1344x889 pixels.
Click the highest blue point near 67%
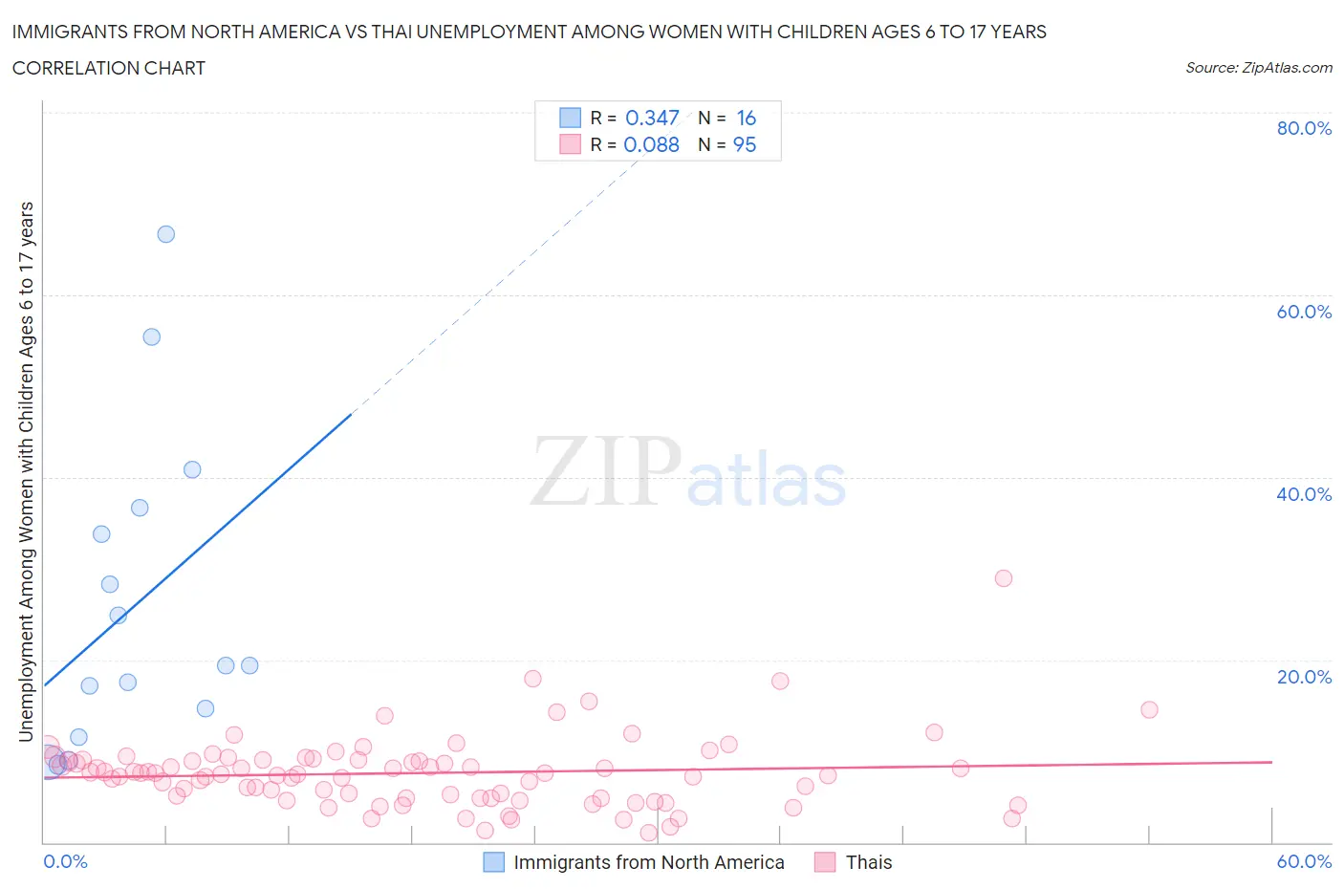166,234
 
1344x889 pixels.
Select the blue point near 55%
151,336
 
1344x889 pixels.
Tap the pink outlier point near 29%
1003,578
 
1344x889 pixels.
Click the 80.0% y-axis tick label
1304,128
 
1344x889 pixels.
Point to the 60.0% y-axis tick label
1304,312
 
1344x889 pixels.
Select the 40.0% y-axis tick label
1304,494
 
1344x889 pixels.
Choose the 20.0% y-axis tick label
1304,677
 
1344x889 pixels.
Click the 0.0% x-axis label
65,861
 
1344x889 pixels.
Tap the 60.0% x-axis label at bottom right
1304,861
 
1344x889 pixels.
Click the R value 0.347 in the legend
652,118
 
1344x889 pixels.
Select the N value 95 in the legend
744,144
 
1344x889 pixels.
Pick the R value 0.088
651,144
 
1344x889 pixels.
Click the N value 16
746,118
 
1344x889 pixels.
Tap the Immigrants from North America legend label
648,862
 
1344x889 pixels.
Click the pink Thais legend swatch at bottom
825,862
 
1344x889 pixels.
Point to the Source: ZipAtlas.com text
1258,68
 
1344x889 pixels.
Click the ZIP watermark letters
605,471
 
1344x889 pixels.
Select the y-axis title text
27,471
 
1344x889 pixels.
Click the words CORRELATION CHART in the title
109,68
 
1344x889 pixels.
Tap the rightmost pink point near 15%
1149,709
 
